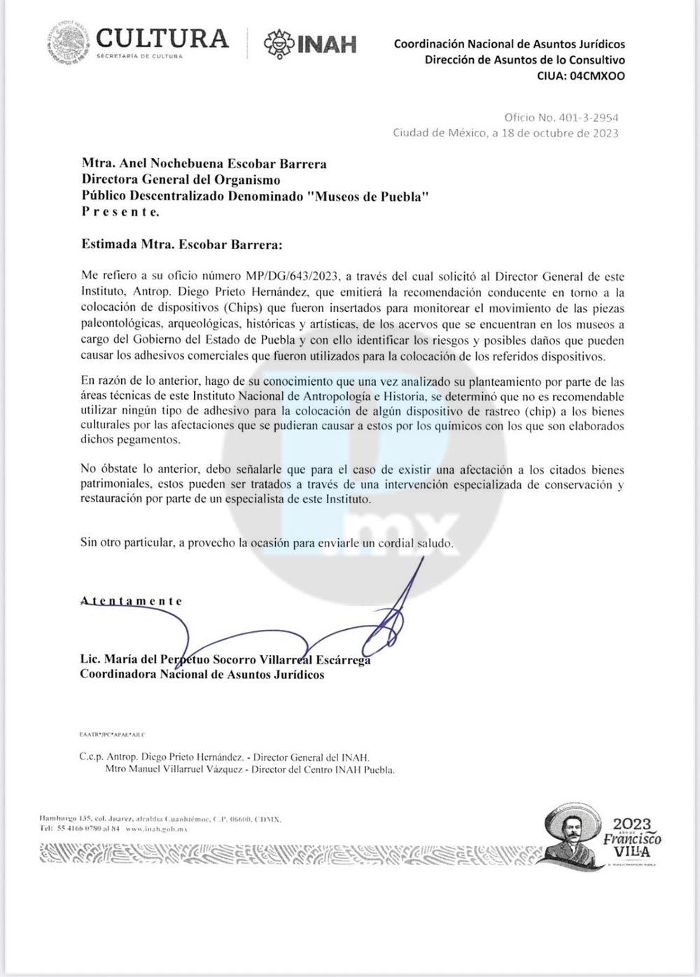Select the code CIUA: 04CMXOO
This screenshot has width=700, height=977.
coord(581,76)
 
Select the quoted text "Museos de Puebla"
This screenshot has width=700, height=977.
coord(368,197)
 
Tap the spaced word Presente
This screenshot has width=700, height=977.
coord(120,212)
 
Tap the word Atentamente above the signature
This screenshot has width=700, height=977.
coord(132,601)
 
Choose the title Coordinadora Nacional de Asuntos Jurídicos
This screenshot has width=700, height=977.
coord(202,675)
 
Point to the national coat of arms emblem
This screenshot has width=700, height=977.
coord(68,41)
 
